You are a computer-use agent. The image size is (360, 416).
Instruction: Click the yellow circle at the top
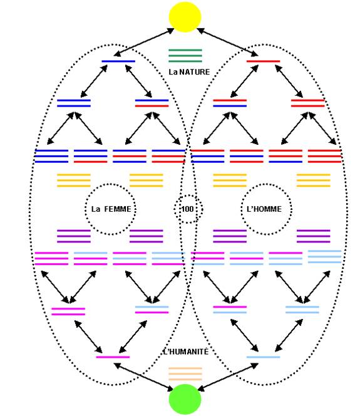tap(185, 17)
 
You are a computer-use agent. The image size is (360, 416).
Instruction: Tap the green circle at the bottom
tap(185, 399)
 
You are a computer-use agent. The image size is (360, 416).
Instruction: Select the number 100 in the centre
tap(187, 209)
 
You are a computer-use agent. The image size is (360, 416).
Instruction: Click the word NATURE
tap(195, 72)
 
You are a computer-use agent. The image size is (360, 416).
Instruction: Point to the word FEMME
tap(118, 209)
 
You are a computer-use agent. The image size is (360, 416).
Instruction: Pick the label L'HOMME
tap(264, 209)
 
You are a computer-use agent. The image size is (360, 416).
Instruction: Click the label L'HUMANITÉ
tap(186, 351)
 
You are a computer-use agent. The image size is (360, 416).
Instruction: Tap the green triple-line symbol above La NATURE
tap(185, 56)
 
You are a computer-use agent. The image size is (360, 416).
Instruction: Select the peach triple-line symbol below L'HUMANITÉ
tap(185, 374)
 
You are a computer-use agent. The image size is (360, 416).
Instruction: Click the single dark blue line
tap(118, 61)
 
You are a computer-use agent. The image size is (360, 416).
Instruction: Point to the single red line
tap(263, 61)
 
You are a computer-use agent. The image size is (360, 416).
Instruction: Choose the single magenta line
tap(113, 357)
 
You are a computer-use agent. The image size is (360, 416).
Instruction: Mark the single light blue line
tap(263, 357)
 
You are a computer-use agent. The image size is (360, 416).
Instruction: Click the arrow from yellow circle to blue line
tap(143, 43)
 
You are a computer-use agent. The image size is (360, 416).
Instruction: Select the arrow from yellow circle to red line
tap(227, 43)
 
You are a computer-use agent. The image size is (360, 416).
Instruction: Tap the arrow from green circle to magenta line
tap(143, 377)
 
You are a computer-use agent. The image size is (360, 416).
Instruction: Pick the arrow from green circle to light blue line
tap(228, 377)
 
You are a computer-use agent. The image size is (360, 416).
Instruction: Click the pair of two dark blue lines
tap(74, 103)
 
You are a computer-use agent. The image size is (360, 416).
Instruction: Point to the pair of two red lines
tap(308, 103)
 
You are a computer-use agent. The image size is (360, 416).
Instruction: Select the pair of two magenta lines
tap(68, 311)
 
